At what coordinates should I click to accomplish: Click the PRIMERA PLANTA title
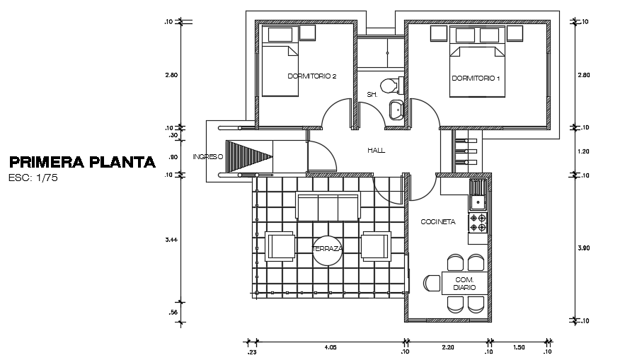pos(82,162)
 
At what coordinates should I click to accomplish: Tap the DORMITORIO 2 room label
pos(311,76)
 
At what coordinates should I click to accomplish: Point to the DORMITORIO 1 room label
pos(476,78)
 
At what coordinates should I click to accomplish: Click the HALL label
pos(376,151)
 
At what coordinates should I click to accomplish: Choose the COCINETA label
pos(438,221)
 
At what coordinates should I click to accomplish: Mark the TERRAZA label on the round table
pos(328,249)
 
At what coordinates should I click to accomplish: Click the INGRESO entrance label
pos(207,156)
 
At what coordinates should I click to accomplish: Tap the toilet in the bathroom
pos(390,86)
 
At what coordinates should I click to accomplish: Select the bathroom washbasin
pos(395,110)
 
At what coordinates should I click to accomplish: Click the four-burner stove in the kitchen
pos(478,223)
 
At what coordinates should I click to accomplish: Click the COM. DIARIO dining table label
pos(464,284)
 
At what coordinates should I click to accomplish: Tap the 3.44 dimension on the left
pos(171,240)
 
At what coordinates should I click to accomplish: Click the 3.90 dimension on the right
pos(583,248)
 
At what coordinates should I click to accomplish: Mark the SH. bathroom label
pos(372,94)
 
